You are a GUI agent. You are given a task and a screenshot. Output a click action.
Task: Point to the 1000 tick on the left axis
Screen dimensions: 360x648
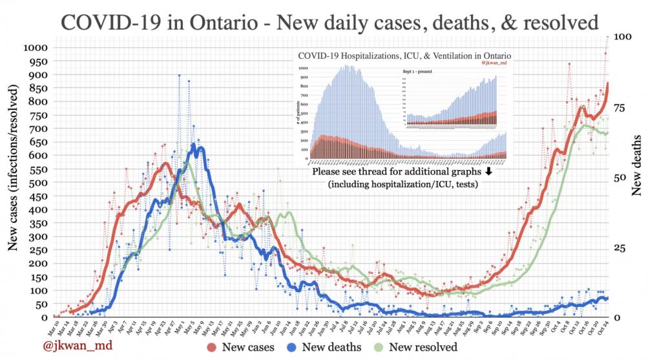[36, 47]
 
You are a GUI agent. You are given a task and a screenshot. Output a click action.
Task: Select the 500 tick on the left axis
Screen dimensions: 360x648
[40, 182]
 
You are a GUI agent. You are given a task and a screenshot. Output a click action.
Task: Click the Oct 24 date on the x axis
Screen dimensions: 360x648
[606, 326]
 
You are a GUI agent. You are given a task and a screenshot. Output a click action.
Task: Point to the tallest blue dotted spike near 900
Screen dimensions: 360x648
[179, 76]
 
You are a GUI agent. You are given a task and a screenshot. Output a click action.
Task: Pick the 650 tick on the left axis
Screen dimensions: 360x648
[40, 142]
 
